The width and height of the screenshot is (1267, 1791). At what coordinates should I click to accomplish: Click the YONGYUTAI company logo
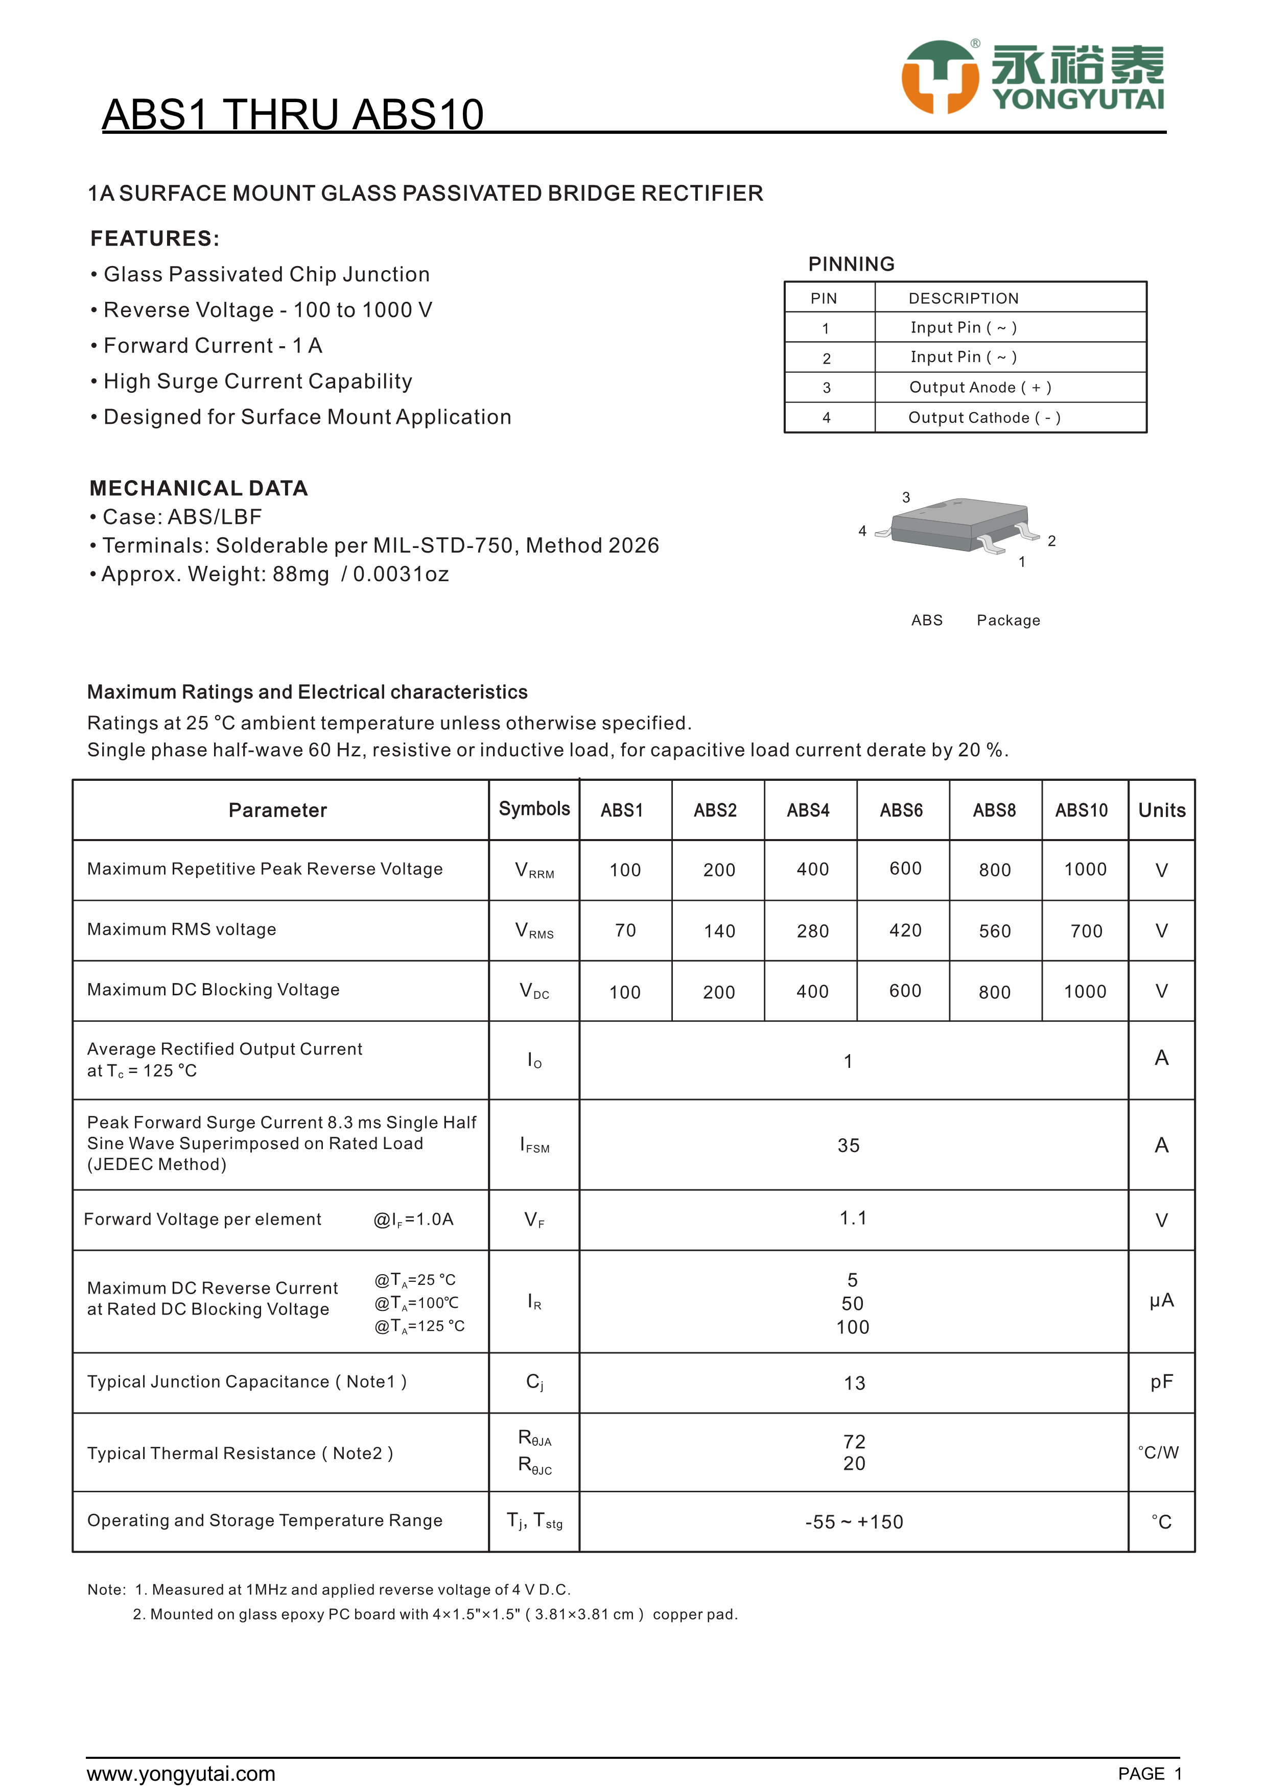coord(1032,77)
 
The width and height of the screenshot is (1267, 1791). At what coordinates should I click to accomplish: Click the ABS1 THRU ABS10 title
coord(293,115)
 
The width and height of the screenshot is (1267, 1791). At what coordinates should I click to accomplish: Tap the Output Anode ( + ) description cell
coord(980,388)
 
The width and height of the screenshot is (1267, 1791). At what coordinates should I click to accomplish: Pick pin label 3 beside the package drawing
coord(906,497)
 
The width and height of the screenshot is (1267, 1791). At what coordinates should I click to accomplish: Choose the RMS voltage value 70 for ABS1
coord(625,930)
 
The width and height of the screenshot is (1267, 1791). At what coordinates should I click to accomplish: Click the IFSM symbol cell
coord(534,1145)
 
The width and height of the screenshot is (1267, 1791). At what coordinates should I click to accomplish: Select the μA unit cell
coord(1161,1300)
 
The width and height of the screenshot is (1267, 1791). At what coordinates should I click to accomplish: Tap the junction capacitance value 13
coord(854,1383)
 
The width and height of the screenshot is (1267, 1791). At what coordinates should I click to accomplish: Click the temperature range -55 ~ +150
coord(854,1522)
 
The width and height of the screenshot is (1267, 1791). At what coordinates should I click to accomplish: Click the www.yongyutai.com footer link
coord(181,1774)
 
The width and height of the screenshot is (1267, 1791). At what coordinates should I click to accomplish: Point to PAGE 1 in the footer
coord(1149,1774)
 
